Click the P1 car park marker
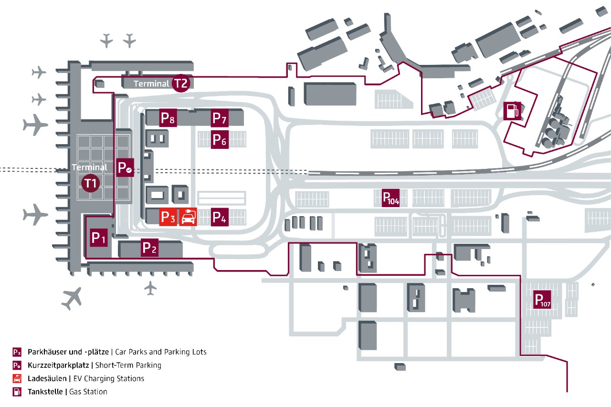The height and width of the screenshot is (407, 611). coord(98,237)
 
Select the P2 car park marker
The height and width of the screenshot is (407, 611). coord(149,248)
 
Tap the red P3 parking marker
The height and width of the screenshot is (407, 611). coord(168,217)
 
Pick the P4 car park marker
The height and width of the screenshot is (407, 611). coord(220,217)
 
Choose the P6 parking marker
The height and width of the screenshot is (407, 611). coord(220,140)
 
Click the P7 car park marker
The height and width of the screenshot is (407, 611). coord(220,118)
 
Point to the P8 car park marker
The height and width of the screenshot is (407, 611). coord(168,118)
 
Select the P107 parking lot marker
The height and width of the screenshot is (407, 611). coord(543,300)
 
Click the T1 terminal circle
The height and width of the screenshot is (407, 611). coord(91,183)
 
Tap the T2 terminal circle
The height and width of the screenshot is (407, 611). coord(181,83)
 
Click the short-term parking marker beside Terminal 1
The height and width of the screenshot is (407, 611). coord(125,168)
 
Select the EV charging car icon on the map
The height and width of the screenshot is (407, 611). coord(188,217)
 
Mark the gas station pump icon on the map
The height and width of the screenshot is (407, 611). coord(512,111)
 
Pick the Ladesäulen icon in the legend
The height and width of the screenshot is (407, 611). coord(17,379)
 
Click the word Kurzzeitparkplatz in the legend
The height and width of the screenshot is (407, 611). coord(59,365)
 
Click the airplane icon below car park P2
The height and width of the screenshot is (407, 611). coord(150,288)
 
